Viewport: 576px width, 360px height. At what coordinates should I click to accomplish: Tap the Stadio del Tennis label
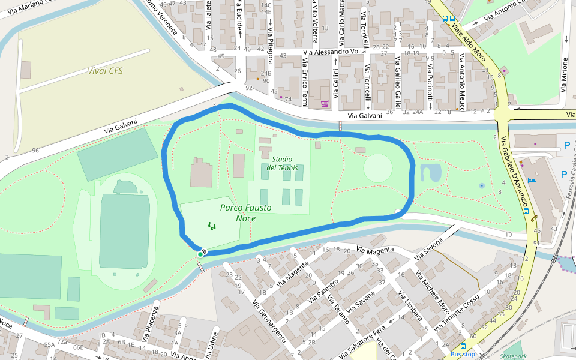[281, 163]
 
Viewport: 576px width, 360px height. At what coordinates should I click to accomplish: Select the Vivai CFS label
[105, 71]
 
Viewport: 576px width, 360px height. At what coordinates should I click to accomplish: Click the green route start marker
[200, 254]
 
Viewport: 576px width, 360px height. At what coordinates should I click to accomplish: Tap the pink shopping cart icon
[325, 104]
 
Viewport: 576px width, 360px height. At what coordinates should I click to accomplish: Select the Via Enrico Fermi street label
[305, 82]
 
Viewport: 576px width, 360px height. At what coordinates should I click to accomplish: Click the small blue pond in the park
[430, 173]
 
